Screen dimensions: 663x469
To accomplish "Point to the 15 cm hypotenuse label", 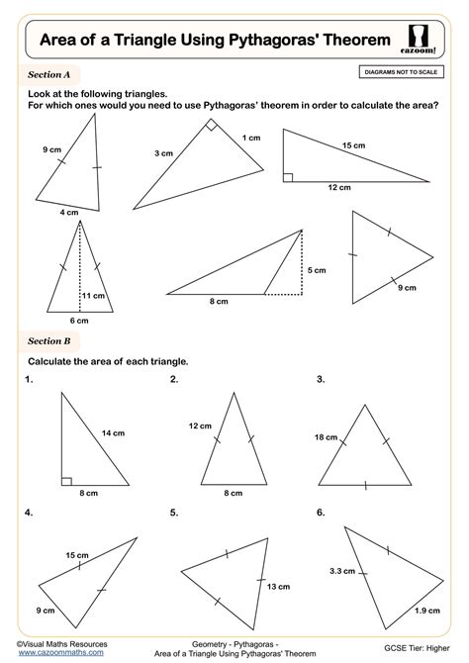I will (353, 145).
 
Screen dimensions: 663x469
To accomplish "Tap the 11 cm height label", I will (94, 295).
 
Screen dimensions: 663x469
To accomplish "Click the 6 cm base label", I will (78, 320).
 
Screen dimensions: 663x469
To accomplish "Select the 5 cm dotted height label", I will (316, 270).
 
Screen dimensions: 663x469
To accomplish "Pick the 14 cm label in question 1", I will (113, 432).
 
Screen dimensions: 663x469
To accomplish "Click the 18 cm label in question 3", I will (327, 436).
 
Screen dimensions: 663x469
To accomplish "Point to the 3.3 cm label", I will (342, 570).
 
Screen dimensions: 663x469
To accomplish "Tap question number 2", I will (174, 379).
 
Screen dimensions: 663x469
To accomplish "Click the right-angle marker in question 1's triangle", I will (66, 481).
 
